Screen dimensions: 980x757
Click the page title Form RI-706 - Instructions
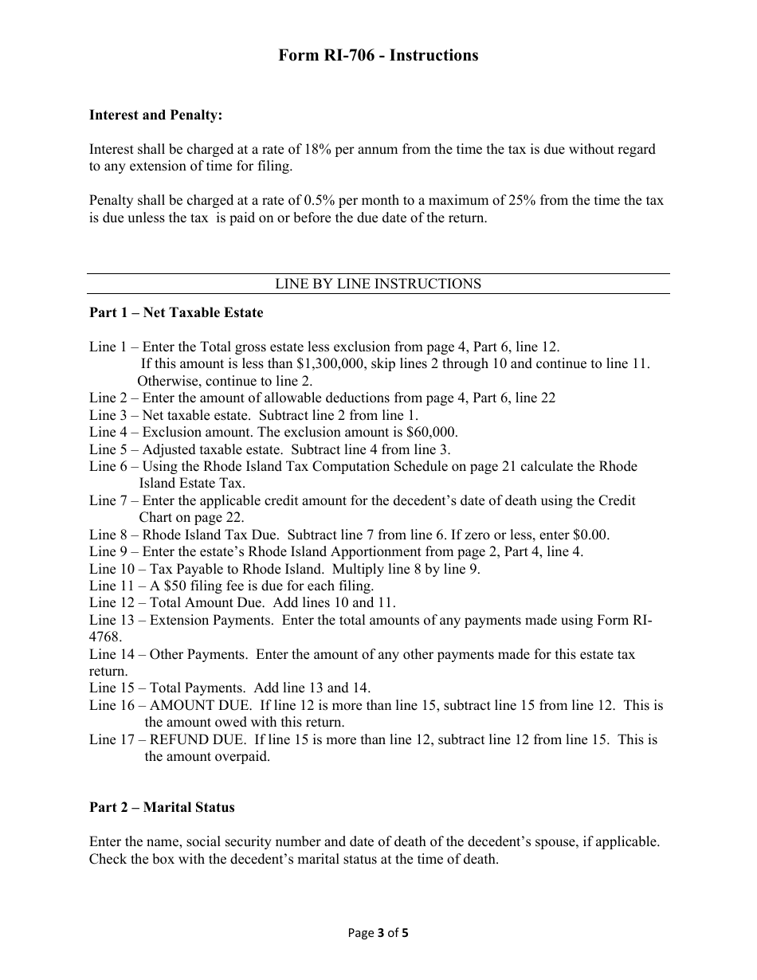pyautogui.click(x=378, y=55)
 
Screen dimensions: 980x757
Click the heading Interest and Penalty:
pyautogui.click(x=155, y=116)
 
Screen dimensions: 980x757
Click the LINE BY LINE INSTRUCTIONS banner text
pyautogui.click(x=378, y=284)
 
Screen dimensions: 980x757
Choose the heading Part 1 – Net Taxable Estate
pyautogui.click(x=176, y=313)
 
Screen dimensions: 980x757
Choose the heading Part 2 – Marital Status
pyautogui.click(x=162, y=808)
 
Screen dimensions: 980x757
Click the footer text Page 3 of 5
pyautogui.click(x=378, y=933)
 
